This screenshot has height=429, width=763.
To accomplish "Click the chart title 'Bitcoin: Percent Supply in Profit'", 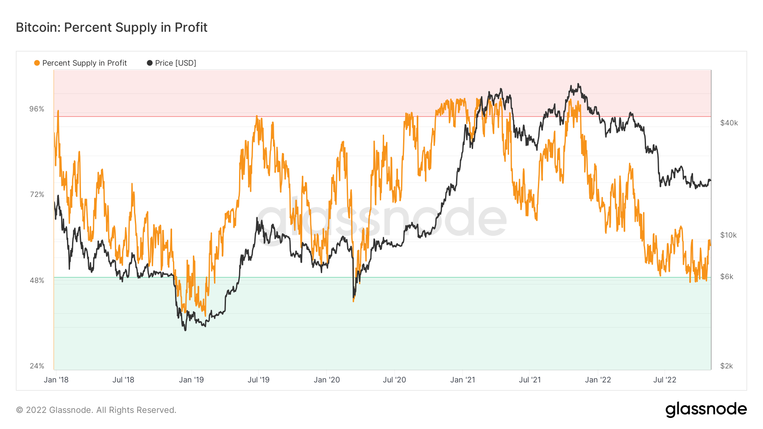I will [x=111, y=28].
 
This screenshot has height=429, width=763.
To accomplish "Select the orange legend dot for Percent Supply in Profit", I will [x=37, y=63].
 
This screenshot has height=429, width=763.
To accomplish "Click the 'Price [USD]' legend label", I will [x=175, y=63].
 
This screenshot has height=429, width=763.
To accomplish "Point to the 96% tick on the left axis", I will [x=37, y=109].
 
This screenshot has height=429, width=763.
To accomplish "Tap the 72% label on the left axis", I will [x=37, y=194].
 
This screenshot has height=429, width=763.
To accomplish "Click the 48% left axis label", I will [x=37, y=280].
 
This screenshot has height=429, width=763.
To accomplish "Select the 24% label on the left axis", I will [x=37, y=366].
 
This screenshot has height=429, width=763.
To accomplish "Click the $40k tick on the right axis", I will [x=729, y=123].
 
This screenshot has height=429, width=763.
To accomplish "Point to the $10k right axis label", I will [x=729, y=235].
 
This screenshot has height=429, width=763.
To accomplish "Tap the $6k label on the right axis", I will [x=727, y=277].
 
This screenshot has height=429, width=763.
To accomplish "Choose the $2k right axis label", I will [x=727, y=366].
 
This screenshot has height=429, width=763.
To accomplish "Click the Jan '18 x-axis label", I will [x=56, y=380].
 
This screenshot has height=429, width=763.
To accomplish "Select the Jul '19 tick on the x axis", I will [x=259, y=380].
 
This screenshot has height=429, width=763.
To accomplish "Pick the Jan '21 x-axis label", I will [x=462, y=380].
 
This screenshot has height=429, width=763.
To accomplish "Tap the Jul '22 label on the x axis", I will [x=665, y=380].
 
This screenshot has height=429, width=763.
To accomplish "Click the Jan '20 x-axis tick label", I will [x=327, y=380].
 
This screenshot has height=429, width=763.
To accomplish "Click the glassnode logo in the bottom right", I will [x=706, y=410].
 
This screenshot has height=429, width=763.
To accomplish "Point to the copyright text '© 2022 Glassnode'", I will [x=96, y=410].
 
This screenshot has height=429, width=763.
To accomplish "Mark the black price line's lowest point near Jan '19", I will [x=185, y=330].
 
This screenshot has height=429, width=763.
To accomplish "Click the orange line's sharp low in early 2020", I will [x=354, y=301].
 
